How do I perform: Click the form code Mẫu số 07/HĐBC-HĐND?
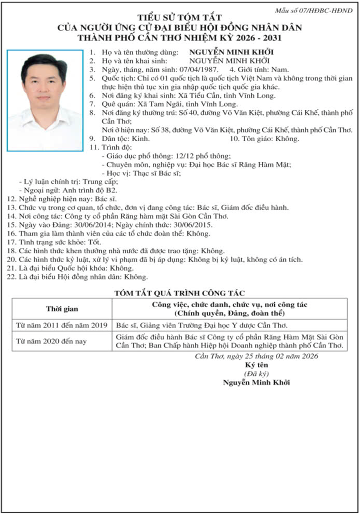tap(313, 11)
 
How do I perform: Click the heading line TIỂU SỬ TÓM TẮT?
tap(179, 18)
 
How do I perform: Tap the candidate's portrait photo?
tap(45, 100)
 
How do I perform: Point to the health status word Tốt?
tap(94, 242)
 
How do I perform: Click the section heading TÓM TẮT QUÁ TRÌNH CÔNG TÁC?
tap(179, 293)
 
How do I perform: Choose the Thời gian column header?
tap(62, 309)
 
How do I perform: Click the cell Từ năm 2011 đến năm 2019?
tap(62, 325)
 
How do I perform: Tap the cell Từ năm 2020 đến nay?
tap(51, 341)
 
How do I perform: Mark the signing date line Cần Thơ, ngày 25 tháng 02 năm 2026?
tap(256, 356)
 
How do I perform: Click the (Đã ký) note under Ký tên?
tap(256, 374)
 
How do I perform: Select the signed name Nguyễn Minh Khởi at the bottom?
tap(256, 383)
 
